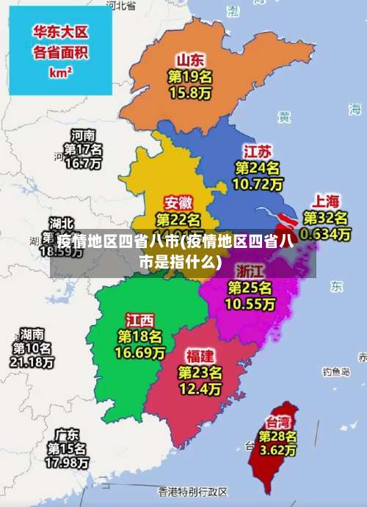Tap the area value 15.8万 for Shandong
click(x=190, y=92)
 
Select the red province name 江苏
click(x=258, y=152)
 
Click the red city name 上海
click(x=327, y=200)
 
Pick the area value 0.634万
click(x=326, y=233)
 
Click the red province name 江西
click(x=139, y=320)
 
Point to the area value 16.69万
click(x=139, y=353)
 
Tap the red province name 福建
click(x=200, y=356)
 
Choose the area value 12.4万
click(x=200, y=388)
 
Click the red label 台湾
click(x=278, y=422)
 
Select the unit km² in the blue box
click(x=60, y=73)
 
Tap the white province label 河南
click(x=83, y=135)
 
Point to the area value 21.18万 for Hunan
click(x=32, y=362)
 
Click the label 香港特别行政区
click(x=192, y=490)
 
